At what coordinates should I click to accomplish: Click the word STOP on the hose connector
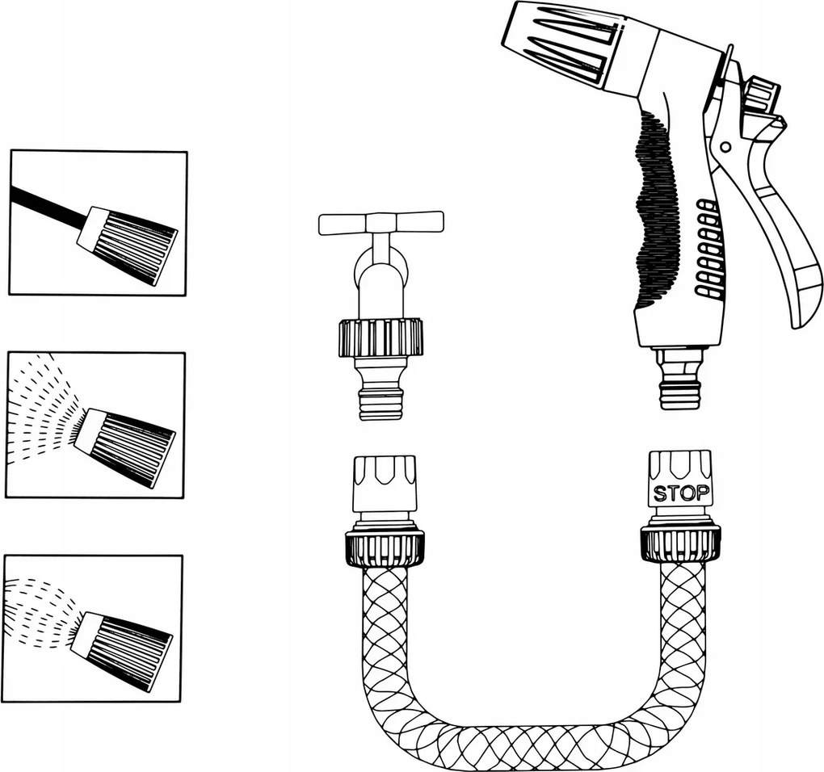[680, 493]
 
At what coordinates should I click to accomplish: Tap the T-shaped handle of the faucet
[381, 223]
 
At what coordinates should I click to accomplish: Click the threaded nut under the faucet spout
[378, 338]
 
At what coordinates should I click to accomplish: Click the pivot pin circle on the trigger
[726, 145]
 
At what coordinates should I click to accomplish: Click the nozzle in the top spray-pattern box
[127, 244]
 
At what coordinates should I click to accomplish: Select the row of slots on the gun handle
[707, 247]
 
